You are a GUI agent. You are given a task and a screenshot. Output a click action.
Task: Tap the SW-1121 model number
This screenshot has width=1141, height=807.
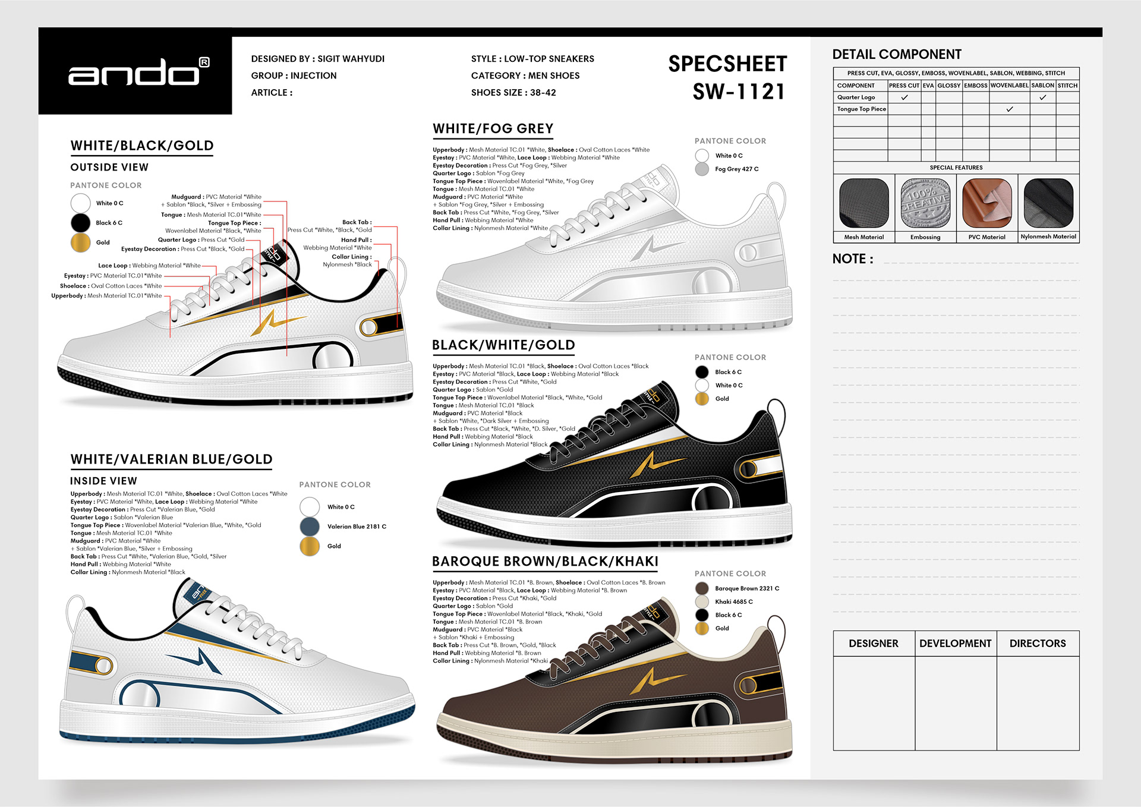738,92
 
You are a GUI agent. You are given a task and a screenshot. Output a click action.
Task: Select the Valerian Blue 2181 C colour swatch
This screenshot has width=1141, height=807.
310,527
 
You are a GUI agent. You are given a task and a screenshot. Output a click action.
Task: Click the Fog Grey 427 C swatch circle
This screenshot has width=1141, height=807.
702,169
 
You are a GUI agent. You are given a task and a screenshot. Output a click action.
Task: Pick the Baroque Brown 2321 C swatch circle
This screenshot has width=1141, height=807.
702,588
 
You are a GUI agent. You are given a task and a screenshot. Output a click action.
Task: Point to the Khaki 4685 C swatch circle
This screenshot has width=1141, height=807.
702,601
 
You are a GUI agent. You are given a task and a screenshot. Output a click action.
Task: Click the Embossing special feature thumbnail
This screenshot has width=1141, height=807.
925,203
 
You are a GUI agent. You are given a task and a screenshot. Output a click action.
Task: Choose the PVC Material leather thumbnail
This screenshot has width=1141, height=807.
986,203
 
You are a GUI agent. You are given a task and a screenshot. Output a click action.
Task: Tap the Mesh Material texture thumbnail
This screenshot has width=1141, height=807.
864,203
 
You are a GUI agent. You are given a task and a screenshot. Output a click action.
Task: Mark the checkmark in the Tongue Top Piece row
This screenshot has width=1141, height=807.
1009,109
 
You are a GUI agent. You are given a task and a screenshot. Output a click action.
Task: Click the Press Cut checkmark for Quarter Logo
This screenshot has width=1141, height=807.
904,97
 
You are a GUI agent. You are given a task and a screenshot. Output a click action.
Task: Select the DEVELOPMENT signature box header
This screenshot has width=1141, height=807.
955,644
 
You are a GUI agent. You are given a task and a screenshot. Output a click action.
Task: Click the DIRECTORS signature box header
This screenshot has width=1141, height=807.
1038,644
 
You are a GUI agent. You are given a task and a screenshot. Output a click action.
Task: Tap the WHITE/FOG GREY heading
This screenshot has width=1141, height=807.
493,129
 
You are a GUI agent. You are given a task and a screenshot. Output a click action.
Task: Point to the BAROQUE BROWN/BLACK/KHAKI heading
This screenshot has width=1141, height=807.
545,562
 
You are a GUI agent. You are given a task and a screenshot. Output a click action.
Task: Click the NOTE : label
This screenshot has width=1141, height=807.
853,259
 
